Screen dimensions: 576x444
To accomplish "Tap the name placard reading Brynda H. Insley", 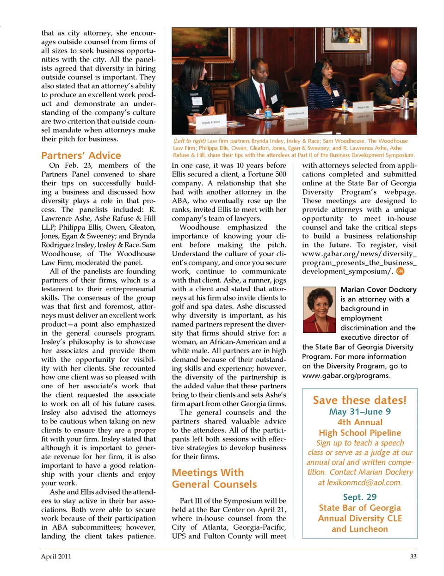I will [211, 123].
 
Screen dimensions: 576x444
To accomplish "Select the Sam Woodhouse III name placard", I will [296, 113].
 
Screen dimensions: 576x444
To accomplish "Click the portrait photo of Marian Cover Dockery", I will [319, 310].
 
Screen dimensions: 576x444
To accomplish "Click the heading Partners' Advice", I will [81, 155].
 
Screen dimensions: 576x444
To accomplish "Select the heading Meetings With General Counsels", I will [214, 478].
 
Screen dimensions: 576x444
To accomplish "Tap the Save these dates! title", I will [359, 400].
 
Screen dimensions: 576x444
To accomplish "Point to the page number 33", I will [413, 556].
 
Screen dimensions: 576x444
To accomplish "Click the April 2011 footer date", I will [56, 556].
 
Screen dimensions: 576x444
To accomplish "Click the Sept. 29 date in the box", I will [359, 497].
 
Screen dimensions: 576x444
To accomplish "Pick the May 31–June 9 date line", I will [359, 411].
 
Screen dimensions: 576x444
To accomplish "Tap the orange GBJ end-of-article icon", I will [400, 271].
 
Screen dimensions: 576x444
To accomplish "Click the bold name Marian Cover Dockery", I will [378, 289].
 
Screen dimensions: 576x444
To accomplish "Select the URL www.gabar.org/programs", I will [345, 375].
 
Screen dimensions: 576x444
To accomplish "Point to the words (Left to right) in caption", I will [189, 141].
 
